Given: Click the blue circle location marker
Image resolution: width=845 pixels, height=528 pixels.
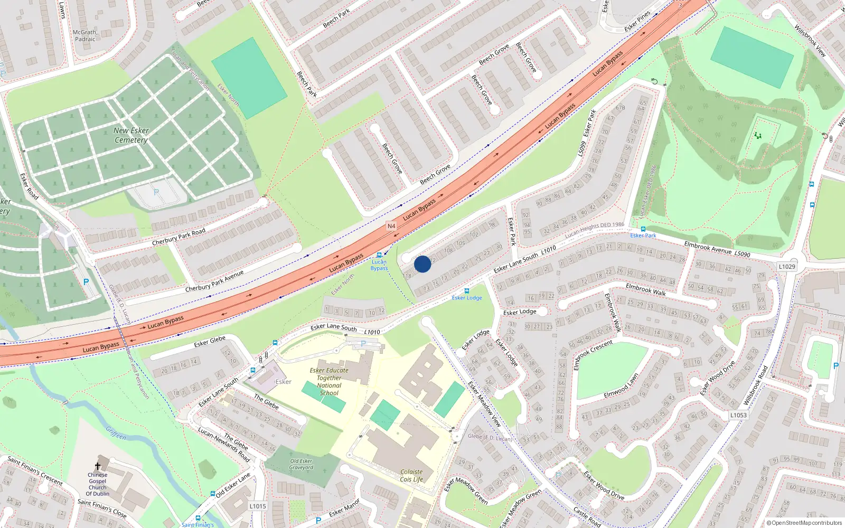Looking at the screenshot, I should click(422, 264).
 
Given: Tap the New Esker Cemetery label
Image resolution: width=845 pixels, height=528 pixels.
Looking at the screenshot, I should click(131, 135).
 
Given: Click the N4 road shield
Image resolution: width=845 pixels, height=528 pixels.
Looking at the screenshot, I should click(391, 226).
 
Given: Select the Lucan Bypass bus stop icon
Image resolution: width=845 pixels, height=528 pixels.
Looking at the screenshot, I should click(379, 255).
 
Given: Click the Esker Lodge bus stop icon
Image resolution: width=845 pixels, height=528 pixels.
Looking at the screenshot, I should click(466, 291).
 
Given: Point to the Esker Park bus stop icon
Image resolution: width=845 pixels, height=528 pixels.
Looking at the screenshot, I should click(643, 229).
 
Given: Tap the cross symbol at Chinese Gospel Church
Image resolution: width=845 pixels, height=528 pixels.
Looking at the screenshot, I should click(98, 466).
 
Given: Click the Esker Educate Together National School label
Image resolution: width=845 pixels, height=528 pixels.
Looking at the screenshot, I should click(329, 382).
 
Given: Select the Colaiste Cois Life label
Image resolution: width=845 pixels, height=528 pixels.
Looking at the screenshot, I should click(411, 476).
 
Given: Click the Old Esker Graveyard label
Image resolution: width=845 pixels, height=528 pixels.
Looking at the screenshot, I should click(301, 464).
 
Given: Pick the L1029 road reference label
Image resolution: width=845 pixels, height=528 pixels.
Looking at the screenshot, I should click(787, 267).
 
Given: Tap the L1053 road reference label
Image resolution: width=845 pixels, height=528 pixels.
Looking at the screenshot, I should click(738, 415).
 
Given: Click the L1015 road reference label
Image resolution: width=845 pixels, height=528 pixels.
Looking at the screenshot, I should click(258, 506).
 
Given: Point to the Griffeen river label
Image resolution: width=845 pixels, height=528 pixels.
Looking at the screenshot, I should click(116, 433).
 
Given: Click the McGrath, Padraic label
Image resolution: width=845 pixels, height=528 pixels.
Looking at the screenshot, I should click(85, 35).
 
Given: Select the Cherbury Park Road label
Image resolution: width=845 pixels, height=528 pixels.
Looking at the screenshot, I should click(179, 237).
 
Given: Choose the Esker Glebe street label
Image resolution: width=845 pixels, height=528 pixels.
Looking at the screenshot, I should click(209, 341).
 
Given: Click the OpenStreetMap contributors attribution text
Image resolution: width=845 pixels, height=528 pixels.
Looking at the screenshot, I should click(804, 523).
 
